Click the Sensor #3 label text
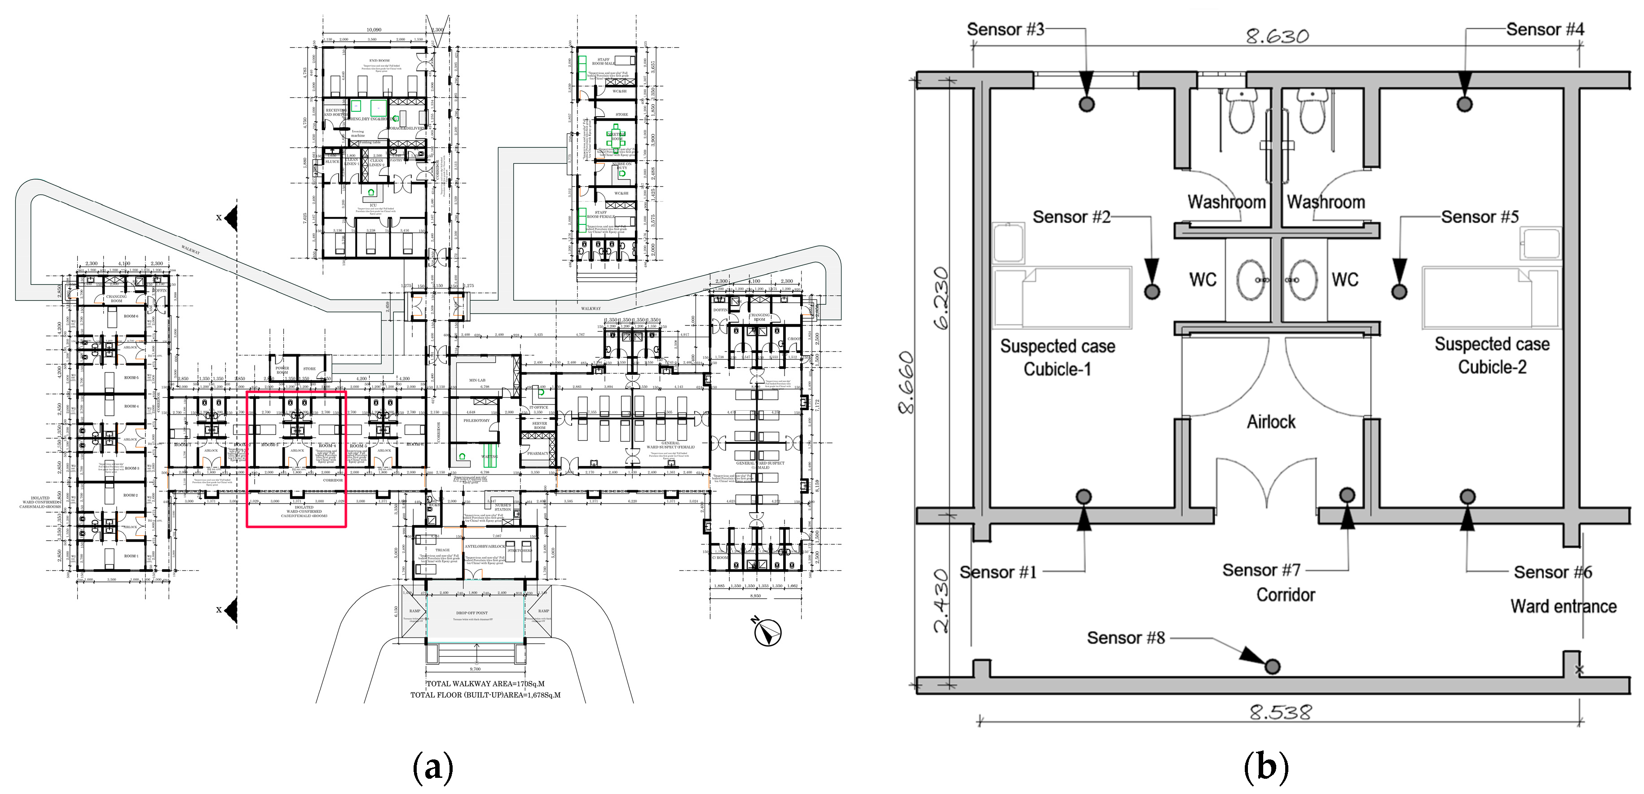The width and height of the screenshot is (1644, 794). coord(1005,29)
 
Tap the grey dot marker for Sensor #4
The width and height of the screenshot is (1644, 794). coord(1465,104)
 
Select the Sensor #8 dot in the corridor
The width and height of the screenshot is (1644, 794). coord(1272,667)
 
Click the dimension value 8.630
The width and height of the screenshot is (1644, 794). coord(1277,36)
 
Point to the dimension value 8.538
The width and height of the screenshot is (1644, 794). coord(1280,712)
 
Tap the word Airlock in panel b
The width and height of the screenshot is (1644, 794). coord(1271,422)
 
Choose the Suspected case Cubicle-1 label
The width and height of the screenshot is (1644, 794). coord(1058,358)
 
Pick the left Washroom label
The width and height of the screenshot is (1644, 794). coord(1226,202)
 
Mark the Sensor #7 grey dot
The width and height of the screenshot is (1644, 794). coord(1347,495)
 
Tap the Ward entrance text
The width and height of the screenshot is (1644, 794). coord(1563,606)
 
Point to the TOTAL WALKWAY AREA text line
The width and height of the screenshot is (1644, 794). coord(485,684)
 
